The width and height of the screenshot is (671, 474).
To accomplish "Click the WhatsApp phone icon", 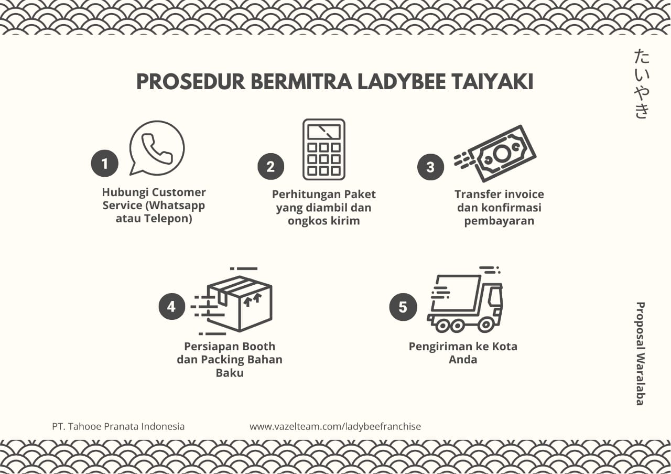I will pyautogui.click(x=157, y=148).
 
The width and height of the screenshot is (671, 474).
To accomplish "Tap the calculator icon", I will pyautogui.click(x=323, y=149).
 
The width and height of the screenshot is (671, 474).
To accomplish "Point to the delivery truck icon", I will pyautogui.click(x=466, y=301).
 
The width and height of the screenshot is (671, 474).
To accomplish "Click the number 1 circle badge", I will pyautogui.click(x=104, y=164).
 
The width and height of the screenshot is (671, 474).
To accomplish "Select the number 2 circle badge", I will pyautogui.click(x=270, y=167).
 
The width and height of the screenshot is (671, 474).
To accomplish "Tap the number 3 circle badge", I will pyautogui.click(x=430, y=167).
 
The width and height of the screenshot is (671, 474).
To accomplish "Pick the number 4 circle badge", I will pyautogui.click(x=172, y=306).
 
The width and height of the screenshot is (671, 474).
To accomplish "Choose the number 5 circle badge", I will pyautogui.click(x=403, y=307).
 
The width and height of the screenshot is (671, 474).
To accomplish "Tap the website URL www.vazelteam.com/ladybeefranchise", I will pyautogui.click(x=335, y=426).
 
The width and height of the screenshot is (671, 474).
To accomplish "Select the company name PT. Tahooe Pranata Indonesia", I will pyautogui.click(x=118, y=426).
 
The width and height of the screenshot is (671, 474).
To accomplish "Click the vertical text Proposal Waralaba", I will pyautogui.click(x=640, y=353).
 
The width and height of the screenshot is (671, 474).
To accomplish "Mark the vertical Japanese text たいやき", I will pyautogui.click(x=642, y=83).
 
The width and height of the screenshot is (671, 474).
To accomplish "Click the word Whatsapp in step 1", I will pyautogui.click(x=177, y=206).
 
